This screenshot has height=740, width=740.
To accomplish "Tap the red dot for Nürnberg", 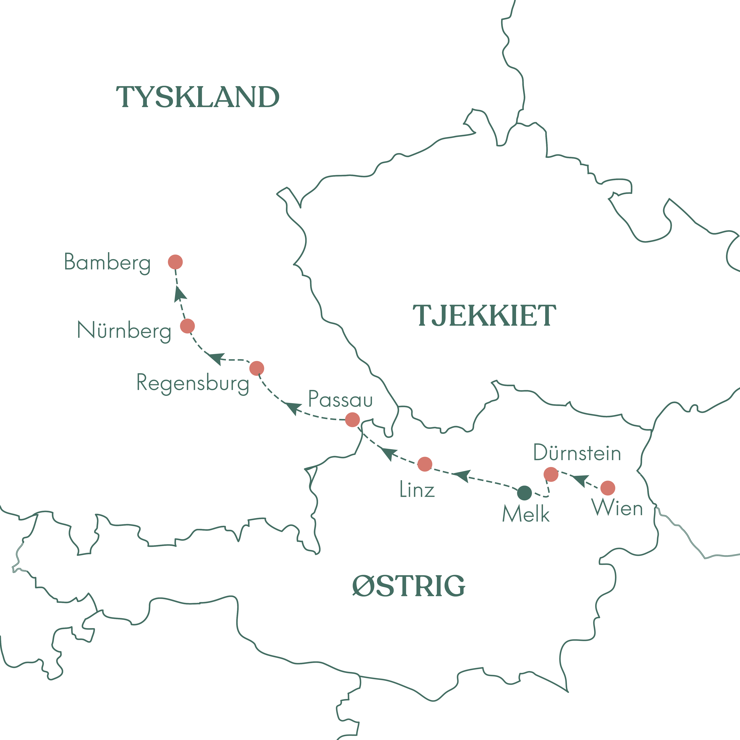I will (187, 326).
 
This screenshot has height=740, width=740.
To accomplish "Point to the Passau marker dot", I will (352, 419).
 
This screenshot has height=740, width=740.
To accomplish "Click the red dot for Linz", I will (425, 464).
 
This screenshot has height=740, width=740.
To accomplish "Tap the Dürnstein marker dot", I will (551, 474).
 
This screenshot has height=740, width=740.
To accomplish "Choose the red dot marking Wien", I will (608, 488).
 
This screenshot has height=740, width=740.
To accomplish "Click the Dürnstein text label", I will (577, 453).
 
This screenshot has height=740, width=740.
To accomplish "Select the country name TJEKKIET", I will (484, 316).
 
